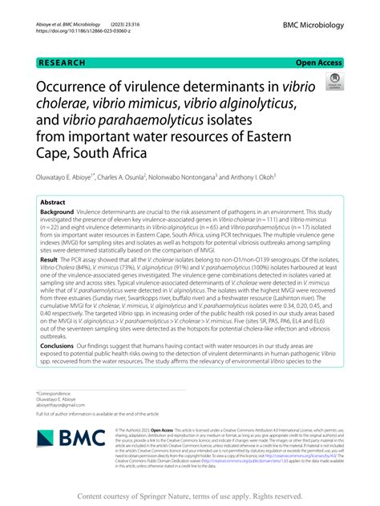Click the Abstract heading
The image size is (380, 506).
pos(53,202)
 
